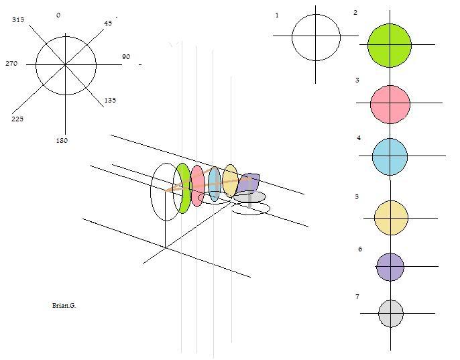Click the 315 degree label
(x=18, y=19)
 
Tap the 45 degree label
(x=108, y=23)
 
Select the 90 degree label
(x=126, y=56)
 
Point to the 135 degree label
(x=110, y=100)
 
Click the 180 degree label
(x=62, y=140)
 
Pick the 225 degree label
(x=17, y=119)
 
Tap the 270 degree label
(x=11, y=63)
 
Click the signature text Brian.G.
(x=64, y=305)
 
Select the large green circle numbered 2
(x=390, y=46)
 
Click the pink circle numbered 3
(x=390, y=104)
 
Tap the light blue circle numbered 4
(x=390, y=157)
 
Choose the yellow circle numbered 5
(x=391, y=218)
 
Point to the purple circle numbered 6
(x=390, y=267)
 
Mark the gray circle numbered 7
(x=391, y=313)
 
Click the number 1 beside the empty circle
(x=277, y=15)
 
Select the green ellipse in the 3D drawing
(x=182, y=188)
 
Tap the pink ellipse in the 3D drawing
(x=197, y=186)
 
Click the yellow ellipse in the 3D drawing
(x=230, y=181)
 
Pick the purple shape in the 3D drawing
(x=248, y=183)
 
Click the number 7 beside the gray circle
(x=357, y=296)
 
